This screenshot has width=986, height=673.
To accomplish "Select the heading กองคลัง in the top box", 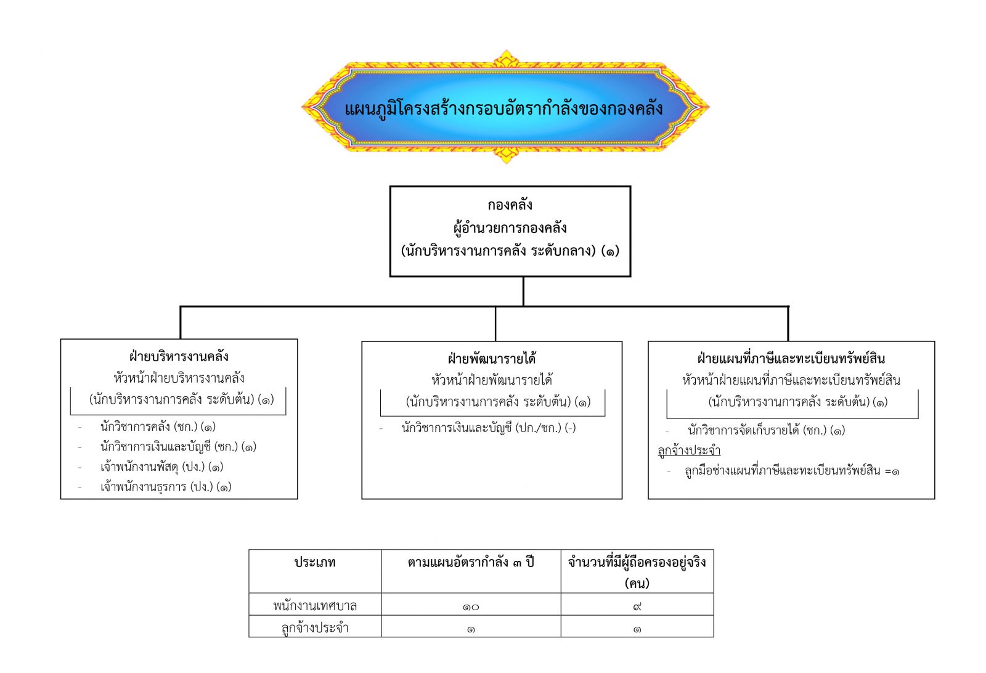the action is coord(510,205).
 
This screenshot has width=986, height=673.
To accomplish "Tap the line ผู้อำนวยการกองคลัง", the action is coord(510,228).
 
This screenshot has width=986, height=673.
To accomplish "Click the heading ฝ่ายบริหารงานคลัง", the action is coord(179,356).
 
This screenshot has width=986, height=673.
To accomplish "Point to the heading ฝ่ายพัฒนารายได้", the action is coord(492,359).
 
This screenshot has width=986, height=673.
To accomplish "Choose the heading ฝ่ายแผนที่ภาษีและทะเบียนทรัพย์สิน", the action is coord(791,359).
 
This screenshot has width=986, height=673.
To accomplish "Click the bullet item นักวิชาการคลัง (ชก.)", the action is coord(158,426).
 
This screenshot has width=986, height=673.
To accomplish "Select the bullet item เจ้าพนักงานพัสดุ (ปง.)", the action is coord(161,467).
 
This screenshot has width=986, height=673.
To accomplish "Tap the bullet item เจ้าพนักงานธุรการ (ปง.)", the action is coord(166,487).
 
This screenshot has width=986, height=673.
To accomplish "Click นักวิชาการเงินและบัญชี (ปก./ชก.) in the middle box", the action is coord(489,428).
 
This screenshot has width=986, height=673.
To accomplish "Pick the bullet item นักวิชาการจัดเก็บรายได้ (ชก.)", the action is coord(767,430).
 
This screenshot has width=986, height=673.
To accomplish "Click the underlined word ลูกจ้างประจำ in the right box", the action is coord(689,451).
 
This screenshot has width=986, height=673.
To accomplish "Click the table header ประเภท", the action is coord(315,562).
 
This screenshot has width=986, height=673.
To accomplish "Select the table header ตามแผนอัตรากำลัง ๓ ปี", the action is coord(471,562).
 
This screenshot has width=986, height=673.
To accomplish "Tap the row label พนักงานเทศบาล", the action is coord(315,606).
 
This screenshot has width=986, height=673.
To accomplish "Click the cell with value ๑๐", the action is coord(471,607).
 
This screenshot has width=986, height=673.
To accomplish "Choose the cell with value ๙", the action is coord(637,607).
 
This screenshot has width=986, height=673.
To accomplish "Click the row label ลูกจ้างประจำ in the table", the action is coord(315,627).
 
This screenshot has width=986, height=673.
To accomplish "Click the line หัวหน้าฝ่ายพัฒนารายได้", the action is coord(492,380).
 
